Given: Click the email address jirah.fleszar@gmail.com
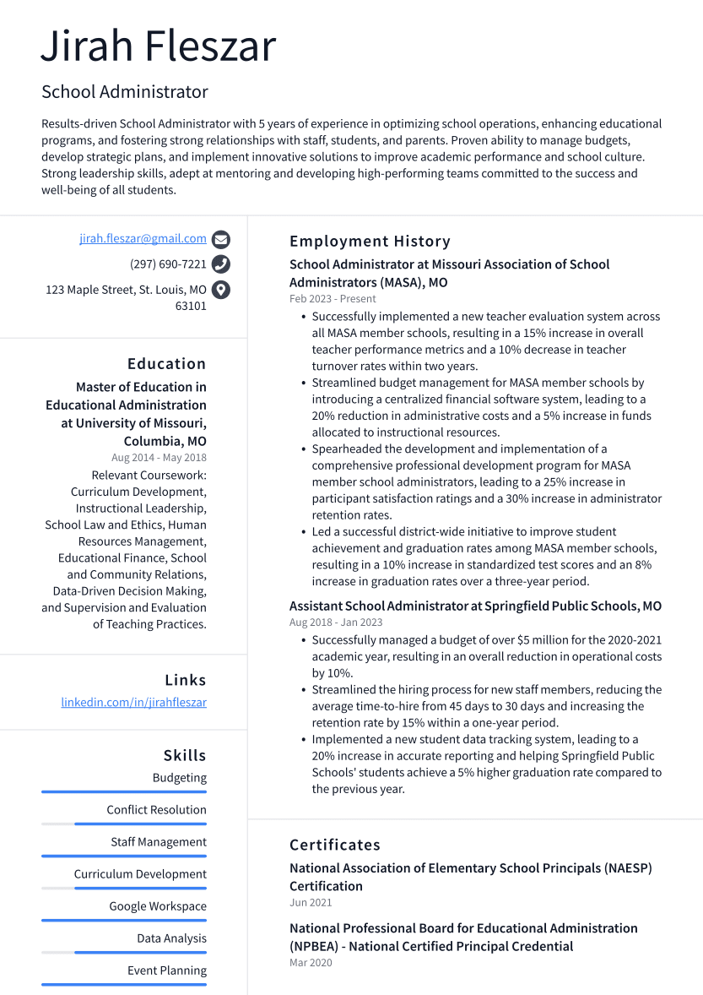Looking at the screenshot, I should [x=143, y=239].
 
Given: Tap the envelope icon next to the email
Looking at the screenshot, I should [x=221, y=239].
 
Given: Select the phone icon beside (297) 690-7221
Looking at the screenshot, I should [x=221, y=264].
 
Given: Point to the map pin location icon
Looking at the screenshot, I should [x=221, y=290].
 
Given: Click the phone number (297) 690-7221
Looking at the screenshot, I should [x=168, y=264].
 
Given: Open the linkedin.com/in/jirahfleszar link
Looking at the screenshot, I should [x=133, y=703].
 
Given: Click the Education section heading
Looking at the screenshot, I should [x=166, y=364].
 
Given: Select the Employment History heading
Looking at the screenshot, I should [x=370, y=242].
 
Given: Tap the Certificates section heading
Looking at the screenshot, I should [x=335, y=845].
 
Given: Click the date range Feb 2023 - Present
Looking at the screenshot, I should [x=333, y=299].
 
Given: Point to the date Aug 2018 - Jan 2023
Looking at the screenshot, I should [x=336, y=623].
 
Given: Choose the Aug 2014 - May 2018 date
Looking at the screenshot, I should [x=159, y=458].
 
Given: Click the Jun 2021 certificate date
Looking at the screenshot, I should [x=311, y=903].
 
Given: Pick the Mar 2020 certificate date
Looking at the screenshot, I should [x=311, y=963].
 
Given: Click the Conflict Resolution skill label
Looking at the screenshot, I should [x=156, y=810].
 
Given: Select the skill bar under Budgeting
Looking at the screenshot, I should [x=124, y=791].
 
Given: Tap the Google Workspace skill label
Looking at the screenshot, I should [x=158, y=906].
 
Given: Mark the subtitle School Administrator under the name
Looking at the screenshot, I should [x=125, y=92].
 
